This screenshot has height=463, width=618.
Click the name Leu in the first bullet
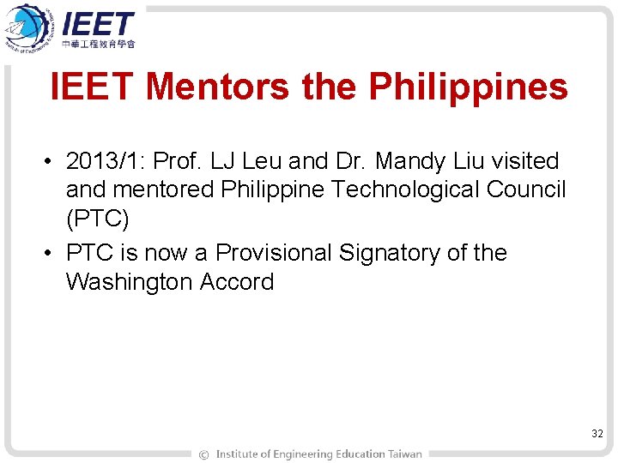pyautogui.click(x=270, y=161)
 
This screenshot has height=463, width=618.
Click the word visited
pyautogui.click(x=524, y=161)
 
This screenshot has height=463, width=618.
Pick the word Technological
pyautogui.click(x=384, y=189)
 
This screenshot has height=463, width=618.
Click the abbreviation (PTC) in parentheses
pyautogui.click(x=97, y=219)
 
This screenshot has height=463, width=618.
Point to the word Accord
pyautogui.click(x=237, y=282)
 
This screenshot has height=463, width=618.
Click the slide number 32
pyautogui.click(x=597, y=435)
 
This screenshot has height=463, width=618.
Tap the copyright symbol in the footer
pyautogui.click(x=203, y=454)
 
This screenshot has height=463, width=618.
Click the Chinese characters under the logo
pyautogui.click(x=100, y=43)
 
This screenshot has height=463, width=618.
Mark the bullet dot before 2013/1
pyautogui.click(x=52, y=162)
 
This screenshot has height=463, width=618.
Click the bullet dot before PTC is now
pyautogui.click(x=52, y=254)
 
